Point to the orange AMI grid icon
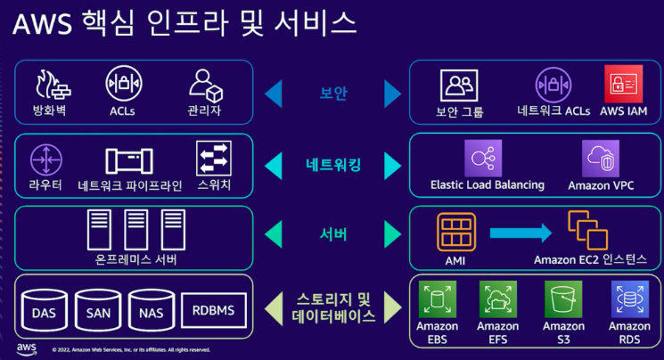point(455,231)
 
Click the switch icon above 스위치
point(214,159)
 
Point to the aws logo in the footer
point(26,348)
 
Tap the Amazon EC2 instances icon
point(586,230)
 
